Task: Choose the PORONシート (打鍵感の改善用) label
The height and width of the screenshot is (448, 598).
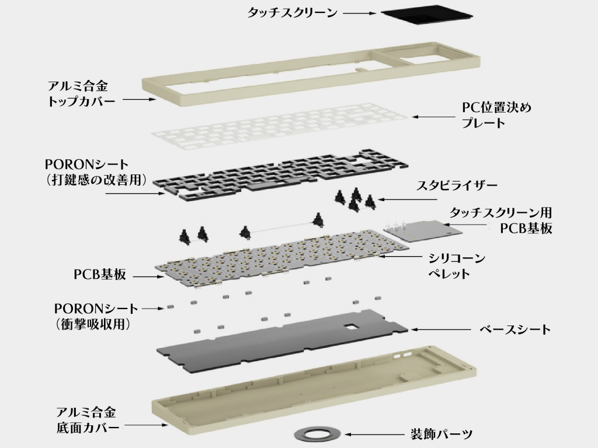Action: (x=95, y=171)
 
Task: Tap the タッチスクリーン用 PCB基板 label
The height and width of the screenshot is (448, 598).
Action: (x=500, y=220)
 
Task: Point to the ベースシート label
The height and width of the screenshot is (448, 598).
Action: (x=514, y=330)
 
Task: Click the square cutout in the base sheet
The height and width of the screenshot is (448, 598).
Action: (x=350, y=327)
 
